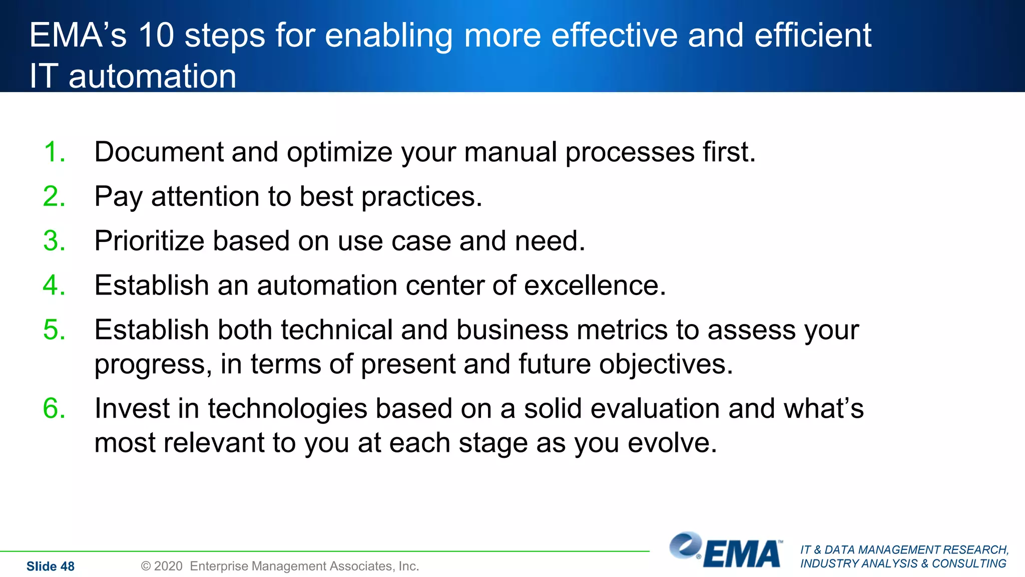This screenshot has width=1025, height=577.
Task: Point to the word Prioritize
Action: tap(149, 241)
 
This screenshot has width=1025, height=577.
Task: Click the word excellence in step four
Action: tap(595, 285)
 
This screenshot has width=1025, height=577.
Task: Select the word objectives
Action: tap(666, 364)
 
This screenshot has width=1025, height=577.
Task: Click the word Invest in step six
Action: tap(132, 408)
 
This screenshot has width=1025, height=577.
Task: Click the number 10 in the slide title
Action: tap(156, 36)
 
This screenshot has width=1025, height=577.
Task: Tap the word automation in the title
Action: tap(152, 76)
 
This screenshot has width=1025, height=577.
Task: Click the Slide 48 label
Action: tap(50, 566)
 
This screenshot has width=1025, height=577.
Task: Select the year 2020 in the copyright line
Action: tap(168, 566)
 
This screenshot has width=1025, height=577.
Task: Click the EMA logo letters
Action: tap(742, 554)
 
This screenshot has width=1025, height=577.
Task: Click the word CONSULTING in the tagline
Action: tap(969, 563)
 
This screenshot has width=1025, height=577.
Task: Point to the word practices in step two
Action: tap(421, 196)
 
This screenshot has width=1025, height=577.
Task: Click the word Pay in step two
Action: tap(118, 196)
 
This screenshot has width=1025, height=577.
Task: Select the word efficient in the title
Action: tap(813, 36)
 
